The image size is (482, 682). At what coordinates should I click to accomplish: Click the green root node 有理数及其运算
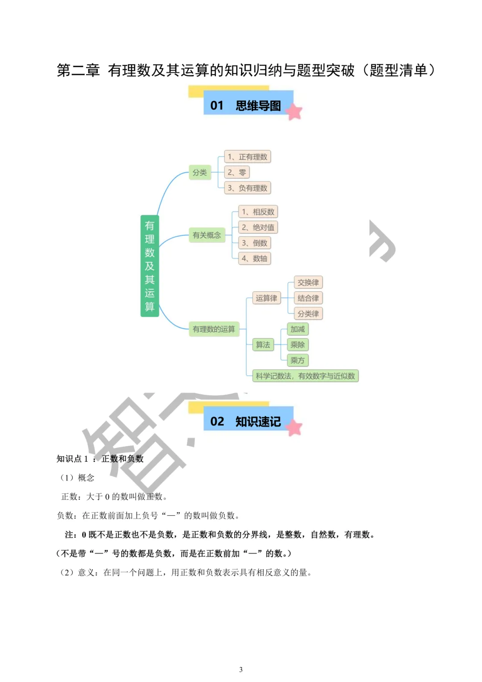[x=150, y=266]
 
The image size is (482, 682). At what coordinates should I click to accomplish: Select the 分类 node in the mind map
[x=199, y=172]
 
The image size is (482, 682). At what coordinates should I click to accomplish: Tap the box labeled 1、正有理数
[x=247, y=157]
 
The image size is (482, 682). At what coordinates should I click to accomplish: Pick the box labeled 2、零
[x=237, y=172]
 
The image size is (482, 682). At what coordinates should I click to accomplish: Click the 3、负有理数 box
[x=247, y=188]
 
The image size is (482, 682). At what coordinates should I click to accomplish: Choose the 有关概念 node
[x=207, y=235]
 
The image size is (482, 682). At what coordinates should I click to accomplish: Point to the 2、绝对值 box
[x=258, y=227]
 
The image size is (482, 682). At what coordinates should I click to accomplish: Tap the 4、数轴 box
[x=254, y=259]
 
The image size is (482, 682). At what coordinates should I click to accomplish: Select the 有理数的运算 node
[x=214, y=329]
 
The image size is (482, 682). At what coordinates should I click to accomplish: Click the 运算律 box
[x=266, y=298]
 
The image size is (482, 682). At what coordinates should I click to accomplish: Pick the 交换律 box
[x=308, y=282]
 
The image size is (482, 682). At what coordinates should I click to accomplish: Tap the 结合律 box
[x=308, y=298]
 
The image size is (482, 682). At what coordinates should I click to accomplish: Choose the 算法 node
[x=263, y=345]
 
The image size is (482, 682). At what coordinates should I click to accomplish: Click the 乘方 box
[x=298, y=360]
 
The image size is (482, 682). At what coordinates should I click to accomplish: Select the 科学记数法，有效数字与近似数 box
[x=305, y=376]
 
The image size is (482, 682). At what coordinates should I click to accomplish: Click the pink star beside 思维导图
[x=294, y=112]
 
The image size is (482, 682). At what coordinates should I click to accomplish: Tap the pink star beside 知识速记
[x=294, y=427]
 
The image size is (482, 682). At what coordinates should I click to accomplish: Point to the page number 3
[x=241, y=669]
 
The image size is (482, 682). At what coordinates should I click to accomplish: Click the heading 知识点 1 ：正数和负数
[x=100, y=459]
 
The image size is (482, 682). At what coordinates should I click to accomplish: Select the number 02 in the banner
[x=217, y=421]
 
